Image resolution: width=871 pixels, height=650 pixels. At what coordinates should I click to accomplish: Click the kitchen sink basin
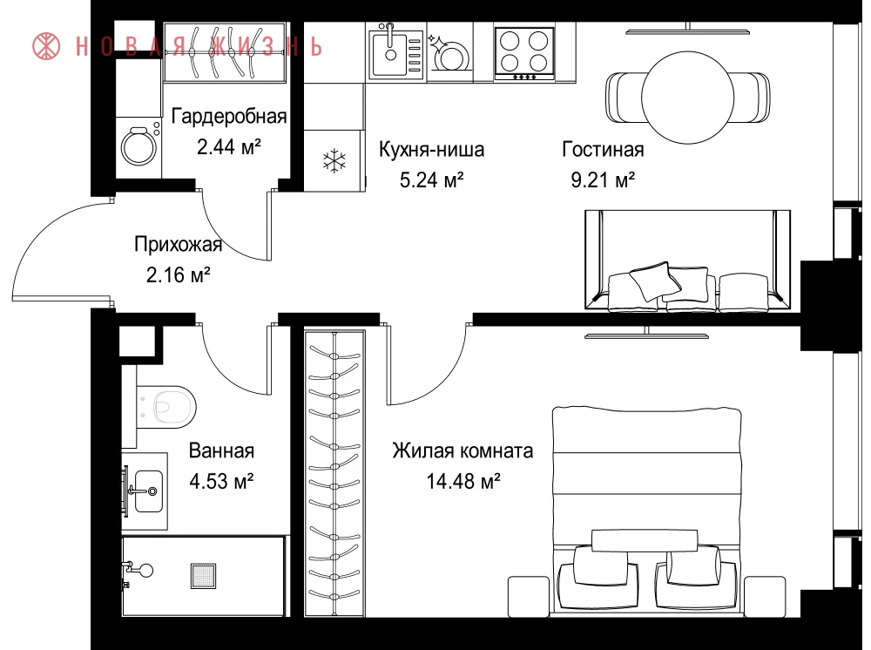coord(389,54)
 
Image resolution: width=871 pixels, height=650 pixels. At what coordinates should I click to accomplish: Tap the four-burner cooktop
coord(524,52)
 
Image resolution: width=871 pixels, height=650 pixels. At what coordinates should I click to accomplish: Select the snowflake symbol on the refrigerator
coord(334,161)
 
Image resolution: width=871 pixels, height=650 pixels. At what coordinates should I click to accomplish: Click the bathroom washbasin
coord(148,491)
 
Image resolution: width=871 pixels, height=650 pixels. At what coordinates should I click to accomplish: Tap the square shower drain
coord(203,576)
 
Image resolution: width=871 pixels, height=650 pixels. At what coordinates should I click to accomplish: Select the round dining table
coord(688,98)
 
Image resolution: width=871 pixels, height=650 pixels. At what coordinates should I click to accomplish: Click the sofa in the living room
coord(688,260)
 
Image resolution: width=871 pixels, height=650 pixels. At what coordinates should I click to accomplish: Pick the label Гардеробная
coord(229,116)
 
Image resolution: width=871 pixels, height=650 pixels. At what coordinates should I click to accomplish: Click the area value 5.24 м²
coord(432,180)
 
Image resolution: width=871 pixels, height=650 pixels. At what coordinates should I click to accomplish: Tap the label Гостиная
coord(604,149)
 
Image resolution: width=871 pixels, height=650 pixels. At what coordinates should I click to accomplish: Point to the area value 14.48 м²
coord(463,481)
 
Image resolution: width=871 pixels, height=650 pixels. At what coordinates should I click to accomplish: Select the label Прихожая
coord(179,245)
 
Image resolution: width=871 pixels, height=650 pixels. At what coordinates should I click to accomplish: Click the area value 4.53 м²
coord(221,481)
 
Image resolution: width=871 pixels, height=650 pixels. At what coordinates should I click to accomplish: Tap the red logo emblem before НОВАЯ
coord(47,45)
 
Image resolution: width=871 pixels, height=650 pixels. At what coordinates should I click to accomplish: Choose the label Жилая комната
coord(463,450)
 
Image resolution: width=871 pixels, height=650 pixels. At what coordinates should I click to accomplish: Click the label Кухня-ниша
coord(432,149)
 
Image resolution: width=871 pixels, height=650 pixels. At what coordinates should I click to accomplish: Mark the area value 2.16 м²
coord(179,274)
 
